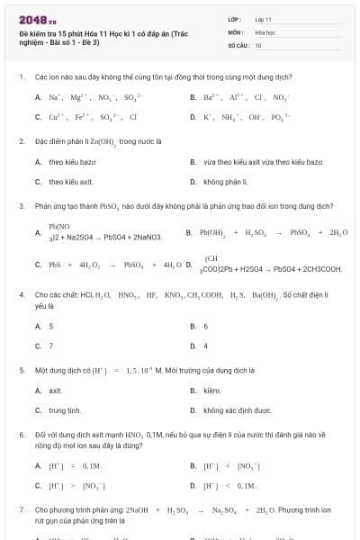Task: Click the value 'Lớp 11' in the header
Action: [x=263, y=19]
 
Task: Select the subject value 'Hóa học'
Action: [x=265, y=31]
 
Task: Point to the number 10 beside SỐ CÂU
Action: [x=258, y=44]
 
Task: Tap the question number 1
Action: [x=21, y=77]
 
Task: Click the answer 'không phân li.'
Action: [x=225, y=182]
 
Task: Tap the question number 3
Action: [x=21, y=205]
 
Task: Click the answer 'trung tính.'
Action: [x=65, y=410]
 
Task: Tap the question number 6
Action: [x=21, y=434]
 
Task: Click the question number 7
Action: [x=21, y=509]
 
